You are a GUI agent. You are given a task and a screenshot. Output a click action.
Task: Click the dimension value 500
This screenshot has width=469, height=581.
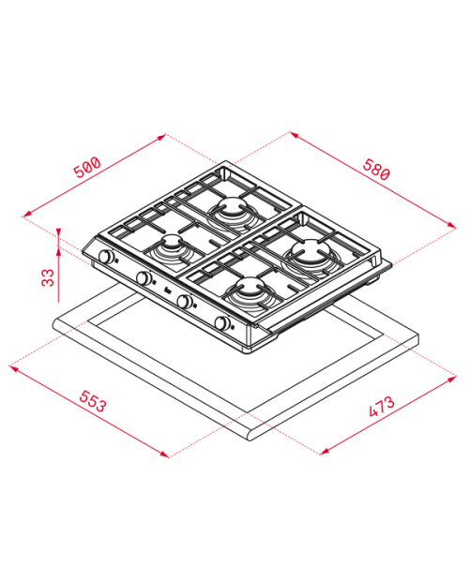coord(87,168)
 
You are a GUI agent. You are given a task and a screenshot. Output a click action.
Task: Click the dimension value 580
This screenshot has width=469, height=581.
coord(376,170)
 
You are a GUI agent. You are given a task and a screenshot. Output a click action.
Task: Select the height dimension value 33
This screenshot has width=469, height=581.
coord(48,277)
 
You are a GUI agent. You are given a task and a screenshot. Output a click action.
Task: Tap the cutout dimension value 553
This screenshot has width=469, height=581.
coord(93,401)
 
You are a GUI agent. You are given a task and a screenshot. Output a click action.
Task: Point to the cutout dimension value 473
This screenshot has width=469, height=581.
coord(382,407)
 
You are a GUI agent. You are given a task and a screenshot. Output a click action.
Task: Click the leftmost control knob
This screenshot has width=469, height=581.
coord(106,257)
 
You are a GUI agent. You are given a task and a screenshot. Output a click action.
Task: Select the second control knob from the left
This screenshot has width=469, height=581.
coord(144,278)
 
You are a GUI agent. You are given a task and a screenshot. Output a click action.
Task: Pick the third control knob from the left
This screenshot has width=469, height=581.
coord(184,301)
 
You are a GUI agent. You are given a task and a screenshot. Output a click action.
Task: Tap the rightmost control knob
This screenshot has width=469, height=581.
coord(221,323)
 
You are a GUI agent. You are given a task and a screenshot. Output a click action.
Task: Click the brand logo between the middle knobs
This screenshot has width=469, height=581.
coord(168,291)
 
